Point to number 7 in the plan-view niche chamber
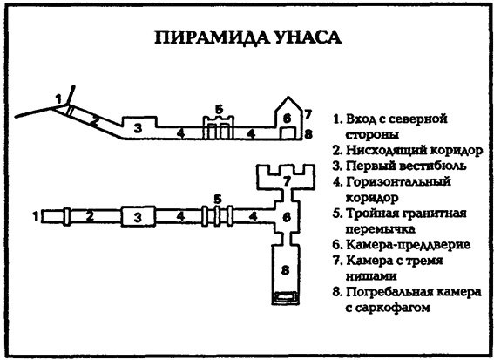tap(287, 180)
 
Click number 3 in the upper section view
tap(137, 128)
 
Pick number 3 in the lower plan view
tap(137, 215)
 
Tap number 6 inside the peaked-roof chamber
tap(287, 117)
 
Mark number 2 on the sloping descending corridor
tap(93, 121)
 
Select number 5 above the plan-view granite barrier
tap(217, 198)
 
